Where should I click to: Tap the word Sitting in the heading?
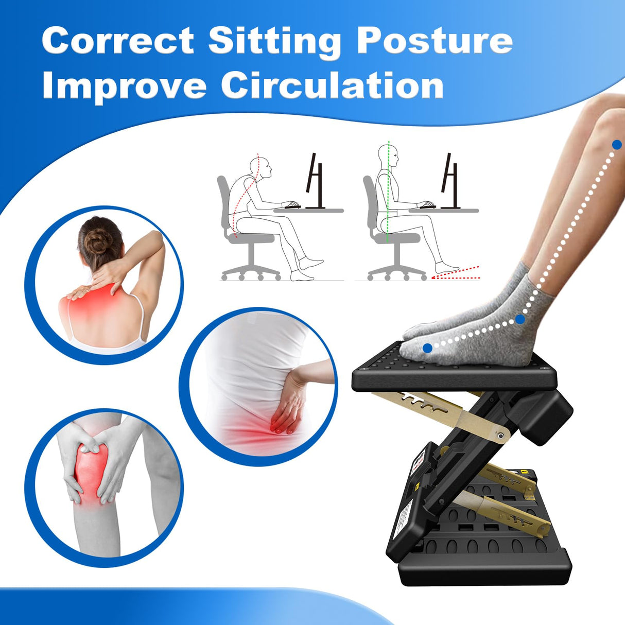point(274,41)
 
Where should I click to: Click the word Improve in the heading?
point(124,85)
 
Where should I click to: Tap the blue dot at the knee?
point(617,145)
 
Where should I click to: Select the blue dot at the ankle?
point(520,320)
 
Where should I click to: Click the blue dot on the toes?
point(427,349)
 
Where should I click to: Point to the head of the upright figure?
point(388,155)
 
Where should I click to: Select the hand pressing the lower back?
point(288,404)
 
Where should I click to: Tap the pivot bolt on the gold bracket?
point(500,436)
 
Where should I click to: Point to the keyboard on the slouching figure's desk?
point(292,206)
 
